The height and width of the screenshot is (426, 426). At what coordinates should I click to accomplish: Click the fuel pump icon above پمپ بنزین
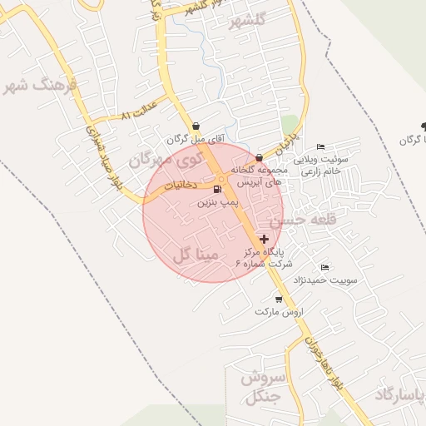218,190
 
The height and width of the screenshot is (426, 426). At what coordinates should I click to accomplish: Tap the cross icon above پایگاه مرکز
265,239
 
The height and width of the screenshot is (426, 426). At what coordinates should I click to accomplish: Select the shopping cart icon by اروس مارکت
278,299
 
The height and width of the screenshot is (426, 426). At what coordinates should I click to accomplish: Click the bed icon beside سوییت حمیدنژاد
324,267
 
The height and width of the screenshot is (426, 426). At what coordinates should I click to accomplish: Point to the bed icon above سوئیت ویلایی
321,147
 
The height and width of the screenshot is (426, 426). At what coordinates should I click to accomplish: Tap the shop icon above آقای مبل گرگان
196,127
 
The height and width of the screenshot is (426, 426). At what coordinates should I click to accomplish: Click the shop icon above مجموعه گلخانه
260,157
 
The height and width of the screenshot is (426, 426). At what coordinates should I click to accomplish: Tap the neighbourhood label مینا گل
196,254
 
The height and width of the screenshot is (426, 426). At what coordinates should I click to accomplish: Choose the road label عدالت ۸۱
138,115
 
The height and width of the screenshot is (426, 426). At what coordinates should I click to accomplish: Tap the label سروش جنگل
263,389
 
